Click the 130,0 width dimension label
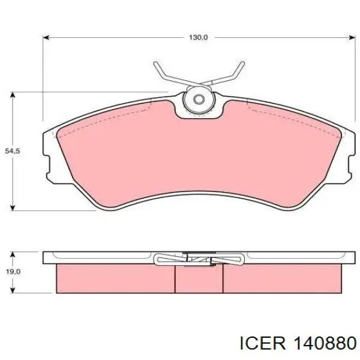[x=198, y=37]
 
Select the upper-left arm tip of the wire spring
[x=156, y=64]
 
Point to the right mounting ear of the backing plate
[x=346, y=159]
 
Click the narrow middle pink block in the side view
[x=199, y=279]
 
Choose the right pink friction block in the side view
[x=282, y=279]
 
